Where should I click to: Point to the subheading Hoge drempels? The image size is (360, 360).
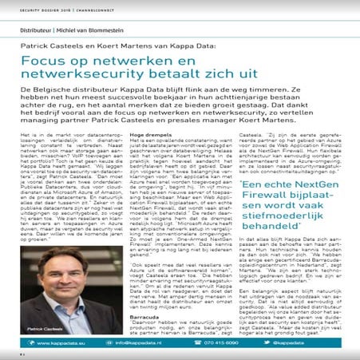click(x=144, y=138)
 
